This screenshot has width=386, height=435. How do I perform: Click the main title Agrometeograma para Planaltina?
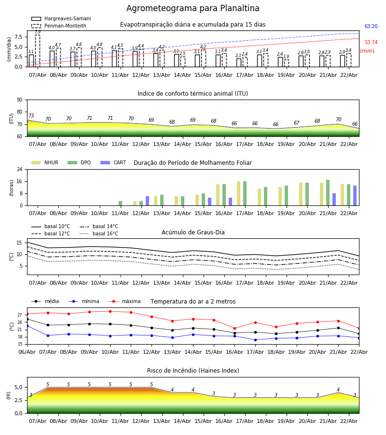pos(193,9)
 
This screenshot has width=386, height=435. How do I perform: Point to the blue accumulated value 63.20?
pos(371,27)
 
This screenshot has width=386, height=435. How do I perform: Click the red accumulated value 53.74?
pos(371,43)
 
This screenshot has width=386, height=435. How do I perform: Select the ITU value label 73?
pos(31,116)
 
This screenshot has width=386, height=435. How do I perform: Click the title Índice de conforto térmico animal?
pos(193,94)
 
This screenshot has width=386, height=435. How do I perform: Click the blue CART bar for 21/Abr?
pos(334,199)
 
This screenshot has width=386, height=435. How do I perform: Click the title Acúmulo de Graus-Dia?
pos(193,232)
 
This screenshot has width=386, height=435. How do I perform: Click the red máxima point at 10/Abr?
pos(110,311)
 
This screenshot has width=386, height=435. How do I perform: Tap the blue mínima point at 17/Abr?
pos(255,340)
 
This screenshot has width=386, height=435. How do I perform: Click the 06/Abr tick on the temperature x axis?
pos(27,352)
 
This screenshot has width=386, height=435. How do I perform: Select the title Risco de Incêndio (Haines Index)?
pos(193,371)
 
